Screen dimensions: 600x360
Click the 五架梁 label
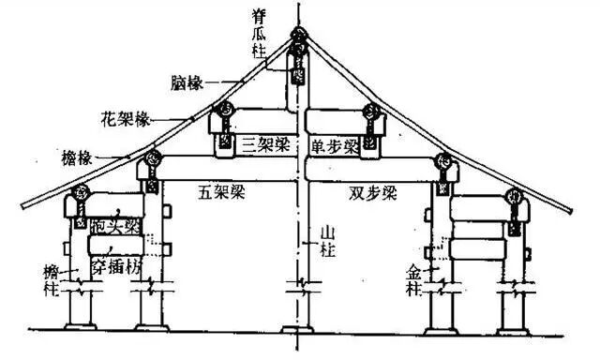(x=217, y=192)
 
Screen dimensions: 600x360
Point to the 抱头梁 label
(x=117, y=225)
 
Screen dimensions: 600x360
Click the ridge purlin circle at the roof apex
(x=299, y=40)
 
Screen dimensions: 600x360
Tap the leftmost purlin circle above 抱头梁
(x=80, y=193)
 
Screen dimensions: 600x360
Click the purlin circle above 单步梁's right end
(x=372, y=112)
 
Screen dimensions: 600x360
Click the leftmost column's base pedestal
(x=80, y=325)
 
